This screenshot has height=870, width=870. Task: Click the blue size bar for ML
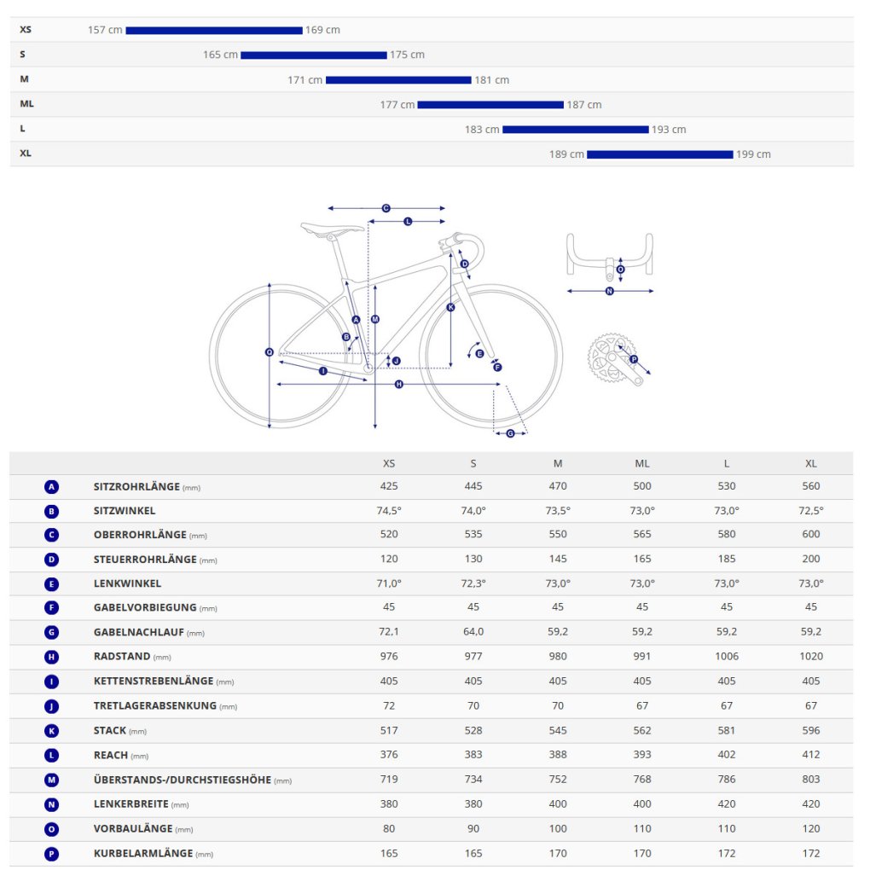click(490, 105)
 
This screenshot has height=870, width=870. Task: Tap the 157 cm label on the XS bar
click(105, 30)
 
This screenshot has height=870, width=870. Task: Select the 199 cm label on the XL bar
click(753, 154)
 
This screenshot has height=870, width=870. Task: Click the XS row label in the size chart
click(26, 30)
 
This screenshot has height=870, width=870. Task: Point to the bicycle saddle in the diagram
click(332, 228)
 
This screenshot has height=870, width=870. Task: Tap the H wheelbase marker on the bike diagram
click(398, 385)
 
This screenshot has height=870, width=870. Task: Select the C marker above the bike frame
click(386, 208)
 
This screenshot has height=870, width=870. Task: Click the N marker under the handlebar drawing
click(609, 291)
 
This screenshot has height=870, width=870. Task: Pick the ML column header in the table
click(642, 464)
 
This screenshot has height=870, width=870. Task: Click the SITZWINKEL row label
click(125, 511)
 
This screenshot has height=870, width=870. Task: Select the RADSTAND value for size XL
click(810, 657)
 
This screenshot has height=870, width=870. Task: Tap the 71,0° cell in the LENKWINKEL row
click(389, 583)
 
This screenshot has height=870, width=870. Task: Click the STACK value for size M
click(558, 731)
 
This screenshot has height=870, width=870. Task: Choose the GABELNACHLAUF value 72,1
click(389, 632)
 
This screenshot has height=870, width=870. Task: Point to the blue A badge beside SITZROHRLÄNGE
click(51, 487)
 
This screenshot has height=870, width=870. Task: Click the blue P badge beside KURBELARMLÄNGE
click(51, 853)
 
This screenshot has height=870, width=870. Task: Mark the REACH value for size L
click(727, 755)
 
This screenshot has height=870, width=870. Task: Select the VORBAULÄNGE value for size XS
click(389, 829)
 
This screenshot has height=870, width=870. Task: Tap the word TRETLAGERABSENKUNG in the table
click(155, 706)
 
